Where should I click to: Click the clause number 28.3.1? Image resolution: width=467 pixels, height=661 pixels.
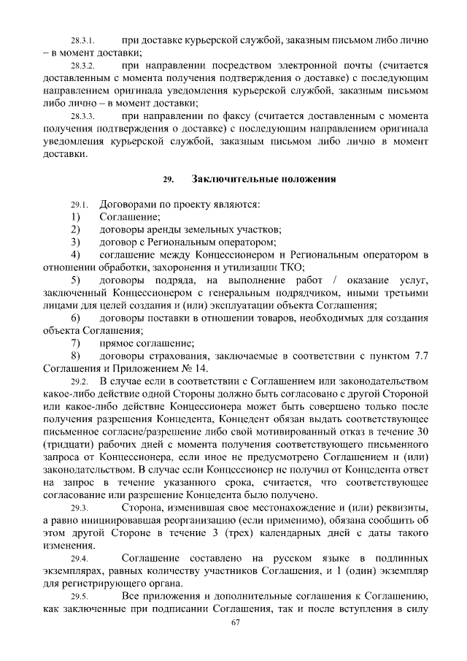84,39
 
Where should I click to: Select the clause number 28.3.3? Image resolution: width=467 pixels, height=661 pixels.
84,116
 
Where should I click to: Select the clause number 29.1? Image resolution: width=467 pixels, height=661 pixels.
80,205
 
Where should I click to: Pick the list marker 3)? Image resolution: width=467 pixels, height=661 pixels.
75,242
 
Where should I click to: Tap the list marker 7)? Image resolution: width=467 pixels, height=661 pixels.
75,343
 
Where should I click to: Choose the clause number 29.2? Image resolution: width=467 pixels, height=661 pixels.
80,381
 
